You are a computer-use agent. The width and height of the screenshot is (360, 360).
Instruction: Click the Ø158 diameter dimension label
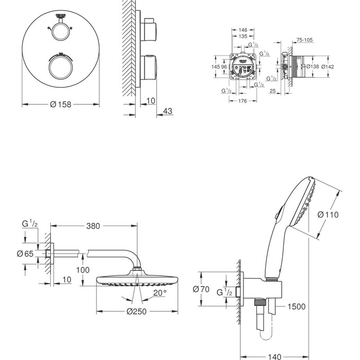[x=61, y=104]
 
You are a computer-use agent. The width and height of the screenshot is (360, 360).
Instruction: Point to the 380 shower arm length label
[x=93, y=226]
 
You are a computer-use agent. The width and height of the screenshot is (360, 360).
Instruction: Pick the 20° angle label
[x=159, y=293]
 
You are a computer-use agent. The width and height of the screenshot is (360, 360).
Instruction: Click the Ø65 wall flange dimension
[x=25, y=254]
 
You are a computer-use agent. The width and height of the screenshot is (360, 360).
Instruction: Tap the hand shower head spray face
[x=307, y=207]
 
